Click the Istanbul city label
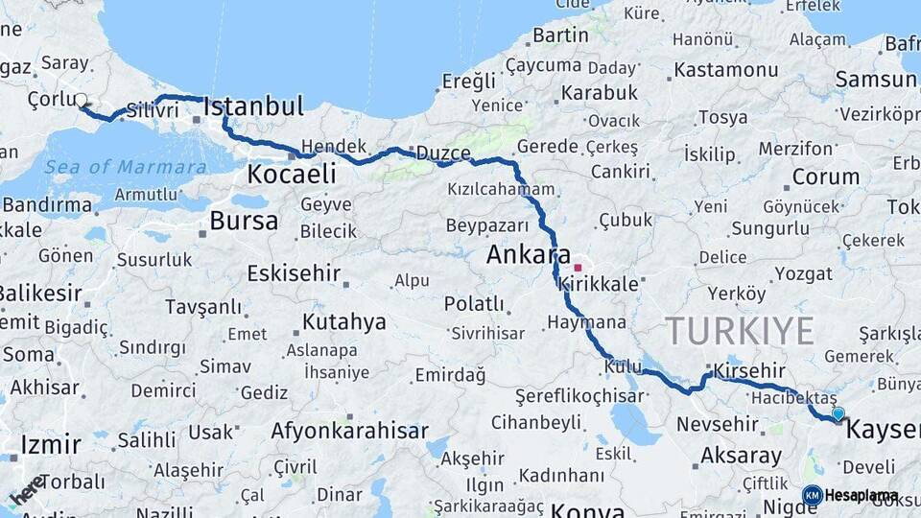click(253, 106)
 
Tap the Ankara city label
click(529, 255)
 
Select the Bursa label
click(244, 222)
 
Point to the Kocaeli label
click(292, 174)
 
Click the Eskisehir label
click(294, 273)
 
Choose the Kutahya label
click(343, 321)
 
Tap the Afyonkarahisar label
click(349, 431)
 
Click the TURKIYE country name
click(740, 331)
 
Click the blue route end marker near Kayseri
click(838, 413)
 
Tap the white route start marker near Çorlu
click(82, 100)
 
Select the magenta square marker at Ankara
click(578, 268)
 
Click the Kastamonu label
click(725, 70)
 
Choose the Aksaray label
click(741, 456)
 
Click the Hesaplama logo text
click(862, 495)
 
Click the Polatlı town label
click(474, 304)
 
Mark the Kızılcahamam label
click(501, 189)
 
